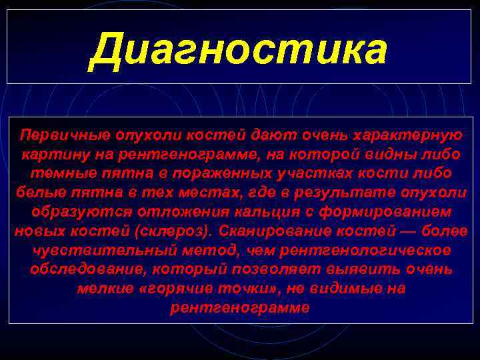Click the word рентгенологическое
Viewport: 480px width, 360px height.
tap(357, 250)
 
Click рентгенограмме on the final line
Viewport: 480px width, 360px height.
tap(239, 308)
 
